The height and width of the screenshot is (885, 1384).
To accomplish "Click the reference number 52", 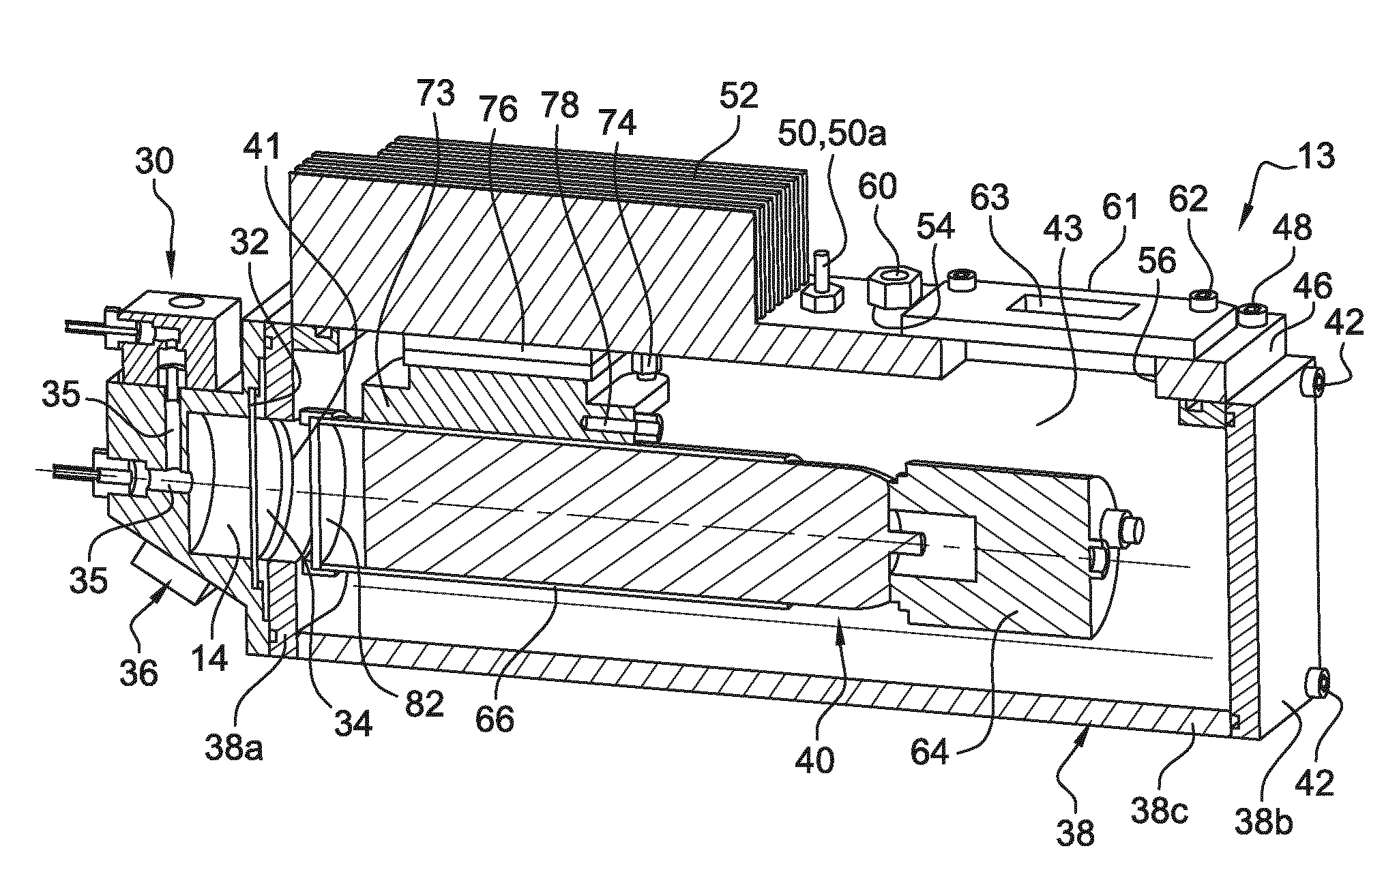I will [738, 96].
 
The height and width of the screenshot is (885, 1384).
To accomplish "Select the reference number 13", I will [1316, 157].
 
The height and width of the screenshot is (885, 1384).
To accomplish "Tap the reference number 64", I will [930, 754].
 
